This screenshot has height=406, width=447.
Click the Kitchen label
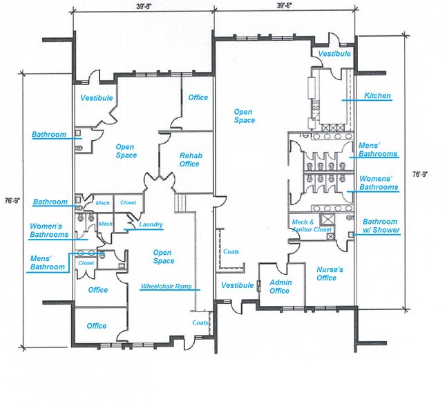coord(378,96)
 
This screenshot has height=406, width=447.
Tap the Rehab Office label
coord(189,159)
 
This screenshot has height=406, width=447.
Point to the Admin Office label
coord(280,287)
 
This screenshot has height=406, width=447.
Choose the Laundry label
coord(151,224)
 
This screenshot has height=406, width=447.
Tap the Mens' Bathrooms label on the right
coord(378,150)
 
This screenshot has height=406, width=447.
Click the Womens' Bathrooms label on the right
coord(378,183)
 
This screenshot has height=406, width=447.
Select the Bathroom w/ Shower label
coord(381,225)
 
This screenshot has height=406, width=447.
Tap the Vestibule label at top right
coord(334,54)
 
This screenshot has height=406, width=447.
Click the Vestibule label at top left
coord(96,98)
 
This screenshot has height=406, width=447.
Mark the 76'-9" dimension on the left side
coord(12,201)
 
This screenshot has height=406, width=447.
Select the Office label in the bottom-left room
coord(97,326)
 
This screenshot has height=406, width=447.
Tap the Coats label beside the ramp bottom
coord(200,322)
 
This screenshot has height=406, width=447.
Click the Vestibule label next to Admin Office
coord(236,285)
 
